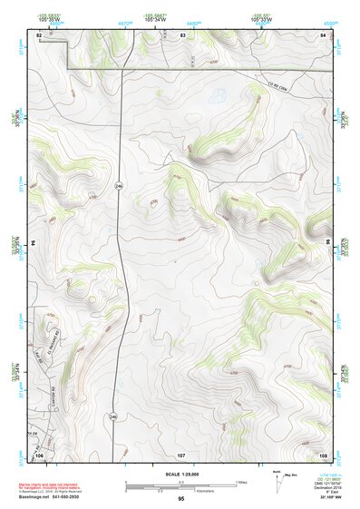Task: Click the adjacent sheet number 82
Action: [39, 34]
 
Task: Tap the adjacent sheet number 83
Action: [182, 34]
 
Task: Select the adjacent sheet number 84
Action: [323, 34]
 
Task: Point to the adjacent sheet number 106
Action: [39, 454]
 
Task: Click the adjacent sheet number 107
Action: [181, 454]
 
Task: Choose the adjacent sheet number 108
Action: [323, 454]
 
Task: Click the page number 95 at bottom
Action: [181, 499]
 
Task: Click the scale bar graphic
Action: [181, 485]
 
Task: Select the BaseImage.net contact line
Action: [54, 497]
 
